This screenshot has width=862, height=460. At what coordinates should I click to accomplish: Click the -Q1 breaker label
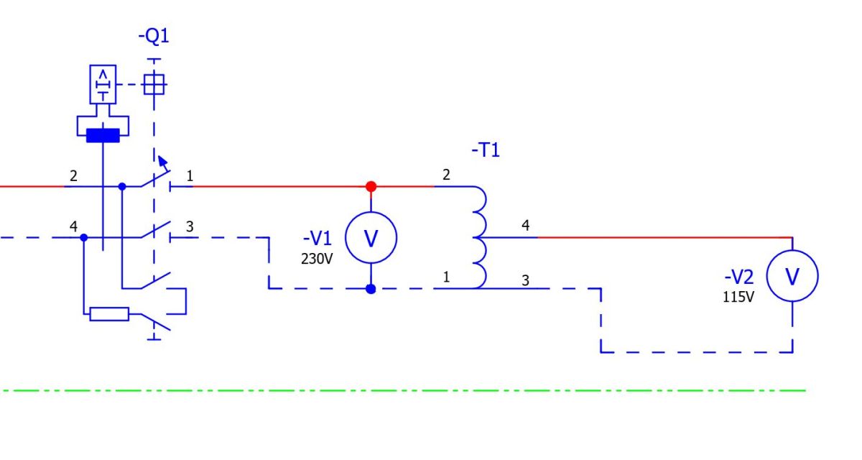154,37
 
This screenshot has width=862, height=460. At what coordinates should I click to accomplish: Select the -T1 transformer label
486,150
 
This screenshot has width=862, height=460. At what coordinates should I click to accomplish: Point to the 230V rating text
317,259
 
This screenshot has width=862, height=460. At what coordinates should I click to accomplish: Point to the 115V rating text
738,297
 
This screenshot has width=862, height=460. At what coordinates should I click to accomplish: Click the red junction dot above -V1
371,187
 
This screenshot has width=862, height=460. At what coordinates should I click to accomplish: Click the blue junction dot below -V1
371,289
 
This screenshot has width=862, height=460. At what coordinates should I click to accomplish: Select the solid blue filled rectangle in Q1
103,136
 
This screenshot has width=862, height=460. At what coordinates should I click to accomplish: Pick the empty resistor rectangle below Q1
109,314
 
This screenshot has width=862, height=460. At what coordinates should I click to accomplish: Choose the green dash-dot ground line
403,391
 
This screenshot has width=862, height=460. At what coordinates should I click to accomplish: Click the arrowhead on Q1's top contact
162,160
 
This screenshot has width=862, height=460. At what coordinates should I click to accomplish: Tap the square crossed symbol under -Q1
154,85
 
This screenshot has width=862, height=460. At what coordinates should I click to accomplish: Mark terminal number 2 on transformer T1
446,175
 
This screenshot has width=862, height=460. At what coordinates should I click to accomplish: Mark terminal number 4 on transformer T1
526,225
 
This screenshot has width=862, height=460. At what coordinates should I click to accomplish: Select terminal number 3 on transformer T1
526,280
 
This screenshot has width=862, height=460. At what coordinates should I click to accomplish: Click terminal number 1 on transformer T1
446,277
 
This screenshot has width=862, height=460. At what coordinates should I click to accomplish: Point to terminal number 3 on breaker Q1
190,226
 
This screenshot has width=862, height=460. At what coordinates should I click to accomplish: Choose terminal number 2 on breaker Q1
73,176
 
